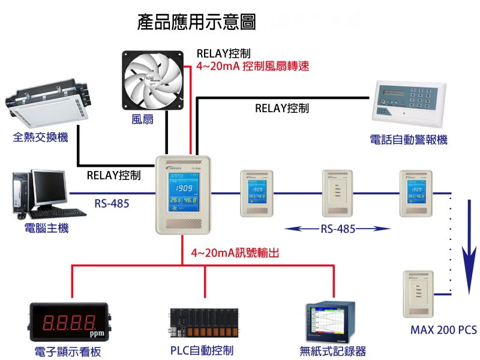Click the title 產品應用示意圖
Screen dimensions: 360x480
click(x=197, y=23)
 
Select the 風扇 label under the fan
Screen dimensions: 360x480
click(x=142, y=119)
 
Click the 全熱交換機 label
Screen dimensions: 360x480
click(x=41, y=137)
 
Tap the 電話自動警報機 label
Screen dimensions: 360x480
click(x=409, y=140)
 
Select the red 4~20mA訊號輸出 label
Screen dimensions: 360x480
click(x=235, y=253)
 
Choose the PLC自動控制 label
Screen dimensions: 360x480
click(x=202, y=350)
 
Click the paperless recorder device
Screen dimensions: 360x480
click(x=332, y=323)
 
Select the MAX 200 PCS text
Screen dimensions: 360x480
click(x=443, y=330)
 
